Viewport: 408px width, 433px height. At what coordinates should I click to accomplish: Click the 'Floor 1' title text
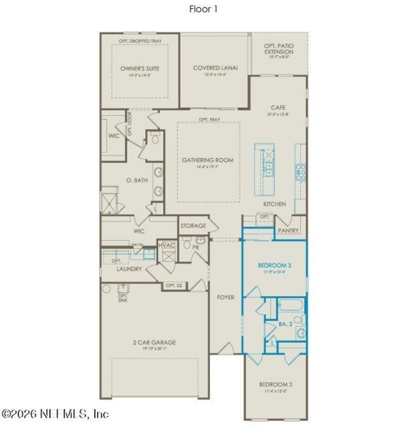pyautogui.click(x=204, y=9)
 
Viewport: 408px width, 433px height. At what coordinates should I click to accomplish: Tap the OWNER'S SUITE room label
pyautogui.click(x=140, y=68)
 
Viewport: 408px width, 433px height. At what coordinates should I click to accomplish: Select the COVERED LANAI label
pyautogui.click(x=215, y=68)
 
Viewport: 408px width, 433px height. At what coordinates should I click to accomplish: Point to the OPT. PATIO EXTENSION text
pyautogui.click(x=279, y=48)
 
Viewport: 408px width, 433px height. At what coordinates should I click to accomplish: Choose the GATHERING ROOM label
pyautogui.click(x=208, y=160)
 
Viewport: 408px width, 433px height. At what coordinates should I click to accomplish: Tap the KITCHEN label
pyautogui.click(x=275, y=204)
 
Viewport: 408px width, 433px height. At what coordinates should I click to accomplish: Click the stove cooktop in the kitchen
pyautogui.click(x=300, y=170)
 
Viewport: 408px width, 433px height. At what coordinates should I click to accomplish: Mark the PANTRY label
pyautogui.click(x=288, y=231)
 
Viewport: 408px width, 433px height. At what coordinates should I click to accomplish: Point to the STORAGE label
pyautogui.click(x=193, y=226)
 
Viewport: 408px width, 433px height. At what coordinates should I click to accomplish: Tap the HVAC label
pyautogui.click(x=166, y=245)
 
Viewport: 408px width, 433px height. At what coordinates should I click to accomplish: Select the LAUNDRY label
pyautogui.click(x=129, y=269)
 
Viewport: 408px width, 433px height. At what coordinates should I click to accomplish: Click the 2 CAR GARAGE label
pyautogui.click(x=154, y=342)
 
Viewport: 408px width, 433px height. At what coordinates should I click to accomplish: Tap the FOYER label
pyautogui.click(x=226, y=297)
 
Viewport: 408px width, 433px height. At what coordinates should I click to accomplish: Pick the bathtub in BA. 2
pyautogui.click(x=291, y=304)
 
